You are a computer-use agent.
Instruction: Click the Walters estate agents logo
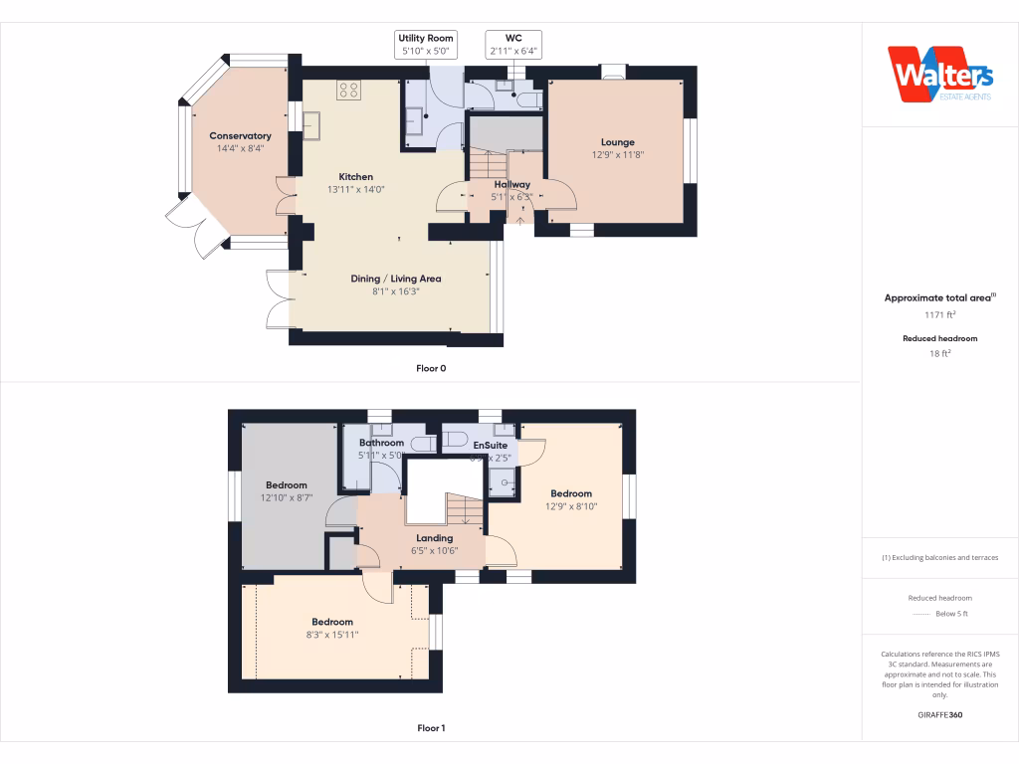(x=940, y=75)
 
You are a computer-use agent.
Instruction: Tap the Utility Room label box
(x=426, y=44)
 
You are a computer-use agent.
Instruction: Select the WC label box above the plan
(x=513, y=44)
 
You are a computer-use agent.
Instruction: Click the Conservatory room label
(x=240, y=136)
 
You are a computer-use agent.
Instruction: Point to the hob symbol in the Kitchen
(x=349, y=91)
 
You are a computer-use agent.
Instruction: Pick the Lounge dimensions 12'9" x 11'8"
(x=617, y=154)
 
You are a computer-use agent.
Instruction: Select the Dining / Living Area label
(x=396, y=279)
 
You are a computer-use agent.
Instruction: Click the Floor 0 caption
(x=431, y=368)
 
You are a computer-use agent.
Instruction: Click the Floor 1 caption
(x=431, y=728)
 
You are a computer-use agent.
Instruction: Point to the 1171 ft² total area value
(x=939, y=314)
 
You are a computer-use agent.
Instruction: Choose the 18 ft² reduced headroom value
(x=939, y=352)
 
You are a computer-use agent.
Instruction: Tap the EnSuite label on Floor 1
(x=491, y=446)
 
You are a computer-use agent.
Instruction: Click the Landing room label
(x=435, y=538)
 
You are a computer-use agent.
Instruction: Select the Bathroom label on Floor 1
(x=381, y=443)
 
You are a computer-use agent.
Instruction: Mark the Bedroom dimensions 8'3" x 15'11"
(x=331, y=634)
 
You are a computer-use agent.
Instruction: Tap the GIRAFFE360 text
(x=939, y=715)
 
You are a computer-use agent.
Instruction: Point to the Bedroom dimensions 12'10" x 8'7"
(x=287, y=497)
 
